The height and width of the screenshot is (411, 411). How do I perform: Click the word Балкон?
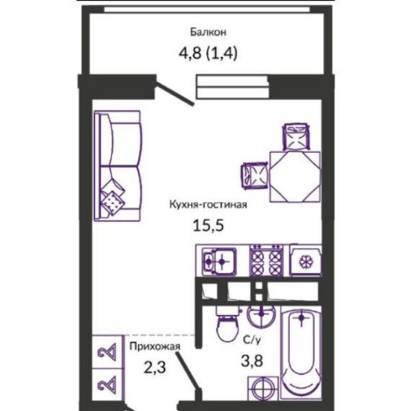click(x=208, y=32)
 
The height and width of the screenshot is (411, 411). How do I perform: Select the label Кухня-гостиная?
click(x=208, y=204)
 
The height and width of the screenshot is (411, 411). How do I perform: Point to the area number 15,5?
click(x=208, y=225)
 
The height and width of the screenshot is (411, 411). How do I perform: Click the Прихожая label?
click(x=155, y=347)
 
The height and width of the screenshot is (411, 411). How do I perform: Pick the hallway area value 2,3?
click(x=154, y=367)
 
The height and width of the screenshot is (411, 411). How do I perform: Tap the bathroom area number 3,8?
click(x=252, y=361)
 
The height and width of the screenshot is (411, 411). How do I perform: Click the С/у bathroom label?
click(x=252, y=340)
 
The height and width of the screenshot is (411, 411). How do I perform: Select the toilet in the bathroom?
click(x=228, y=324)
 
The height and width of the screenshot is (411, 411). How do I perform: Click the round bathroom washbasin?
click(x=261, y=315)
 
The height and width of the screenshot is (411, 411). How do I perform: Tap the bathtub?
click(x=301, y=353)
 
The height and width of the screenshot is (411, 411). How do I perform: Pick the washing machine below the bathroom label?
click(x=263, y=389)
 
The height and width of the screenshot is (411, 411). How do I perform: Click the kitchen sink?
click(x=219, y=261)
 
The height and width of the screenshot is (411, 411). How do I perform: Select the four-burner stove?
click(x=267, y=260)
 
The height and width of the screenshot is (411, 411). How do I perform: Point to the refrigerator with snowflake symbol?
click(x=306, y=260)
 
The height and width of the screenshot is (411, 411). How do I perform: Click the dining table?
click(x=295, y=177)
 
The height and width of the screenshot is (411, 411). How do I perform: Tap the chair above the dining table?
click(x=296, y=136)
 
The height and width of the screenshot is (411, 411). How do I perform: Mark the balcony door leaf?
click(x=174, y=93)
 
